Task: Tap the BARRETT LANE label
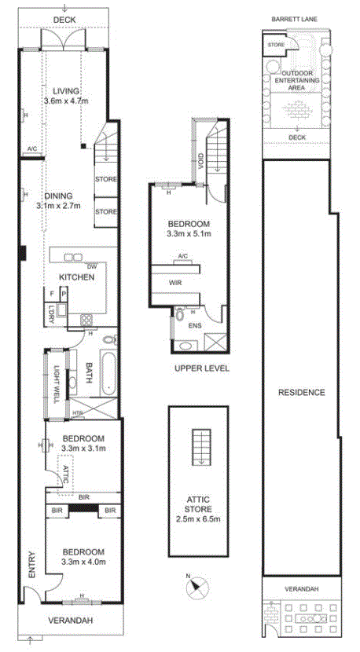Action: click(x=294, y=19)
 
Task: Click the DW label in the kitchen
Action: click(x=91, y=266)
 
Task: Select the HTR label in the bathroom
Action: click(x=77, y=413)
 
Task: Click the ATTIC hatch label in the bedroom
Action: click(x=65, y=474)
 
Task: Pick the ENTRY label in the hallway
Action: click(x=31, y=564)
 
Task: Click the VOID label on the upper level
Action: click(x=200, y=161)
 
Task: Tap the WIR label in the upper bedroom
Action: click(x=175, y=282)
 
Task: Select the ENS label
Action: click(x=194, y=325)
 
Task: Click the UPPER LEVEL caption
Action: click(x=202, y=368)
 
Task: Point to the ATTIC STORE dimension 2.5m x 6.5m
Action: click(x=199, y=518)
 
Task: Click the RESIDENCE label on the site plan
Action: click(x=301, y=392)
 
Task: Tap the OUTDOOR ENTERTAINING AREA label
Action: click(x=298, y=80)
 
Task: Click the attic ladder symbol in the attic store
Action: click(x=201, y=448)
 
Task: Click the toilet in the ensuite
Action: click(x=180, y=315)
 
